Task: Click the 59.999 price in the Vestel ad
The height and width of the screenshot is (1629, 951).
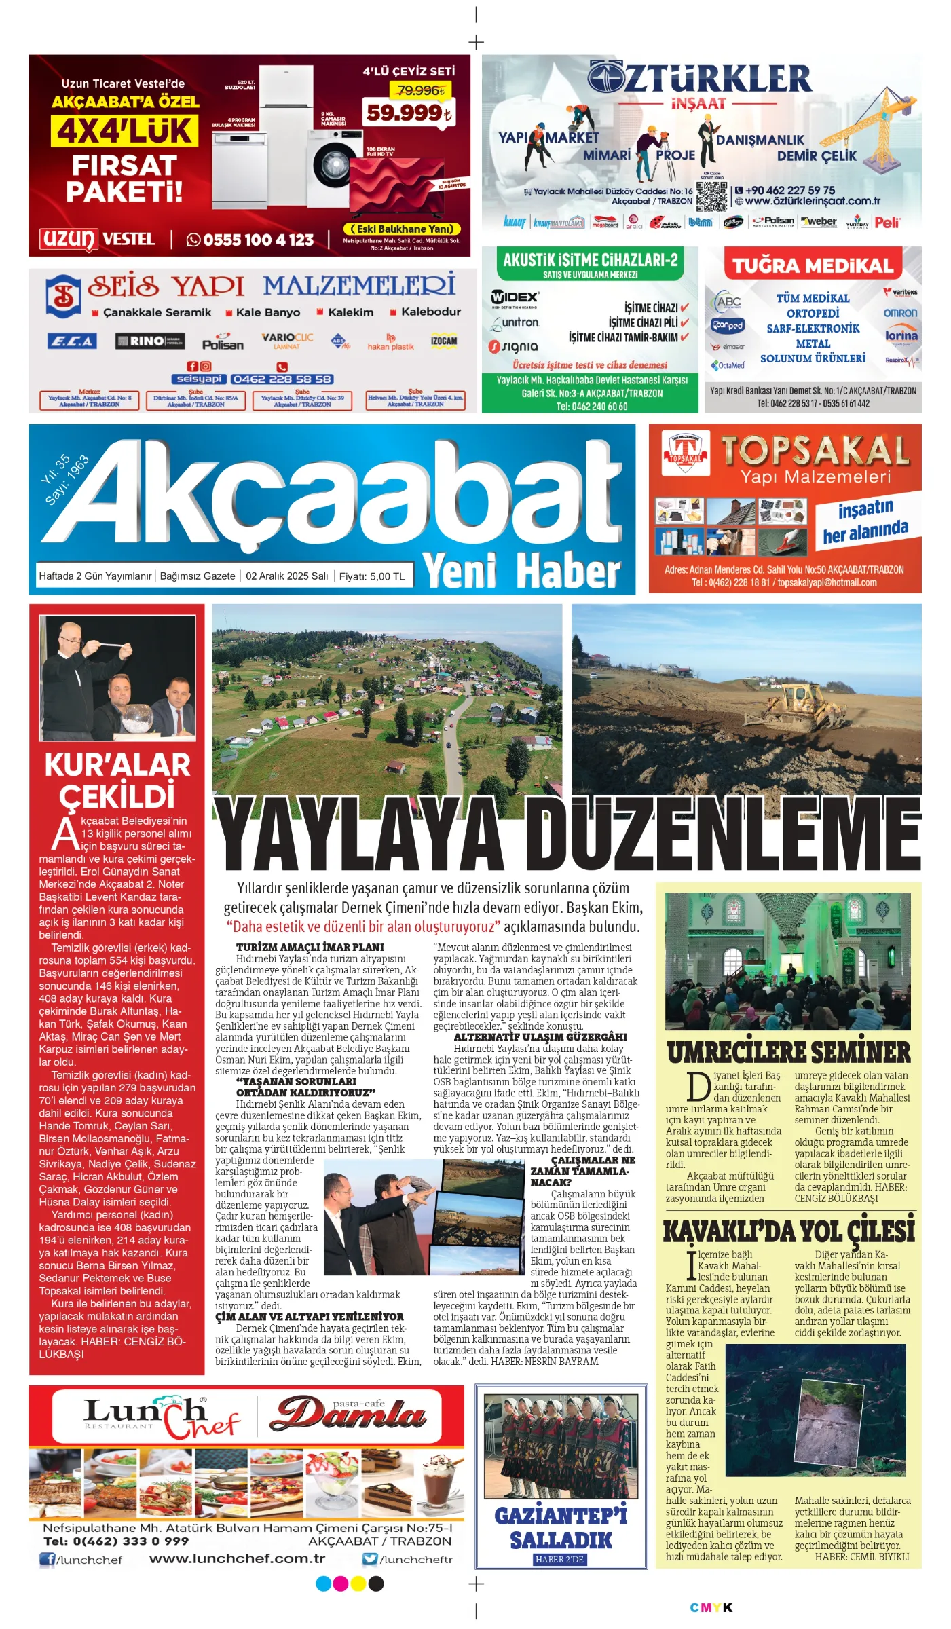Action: coord(407,112)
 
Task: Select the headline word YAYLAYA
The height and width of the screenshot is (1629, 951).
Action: coord(360,834)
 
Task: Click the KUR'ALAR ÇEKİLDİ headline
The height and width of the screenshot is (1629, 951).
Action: coord(117,780)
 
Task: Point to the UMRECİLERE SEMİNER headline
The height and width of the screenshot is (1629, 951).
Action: coord(788,1053)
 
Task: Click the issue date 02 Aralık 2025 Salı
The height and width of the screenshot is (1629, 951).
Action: coord(286,576)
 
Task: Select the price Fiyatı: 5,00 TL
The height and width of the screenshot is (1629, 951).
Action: coord(371,576)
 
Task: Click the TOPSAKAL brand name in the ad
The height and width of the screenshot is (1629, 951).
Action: coord(815,451)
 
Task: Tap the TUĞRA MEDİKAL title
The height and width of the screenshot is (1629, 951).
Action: coord(813,265)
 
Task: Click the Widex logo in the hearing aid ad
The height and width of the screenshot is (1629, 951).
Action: coord(515,297)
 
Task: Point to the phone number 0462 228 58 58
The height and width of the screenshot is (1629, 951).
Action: coord(282,379)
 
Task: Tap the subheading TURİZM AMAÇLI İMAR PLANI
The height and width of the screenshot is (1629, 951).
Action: coord(310,947)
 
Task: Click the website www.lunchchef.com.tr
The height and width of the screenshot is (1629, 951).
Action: coord(237,1558)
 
